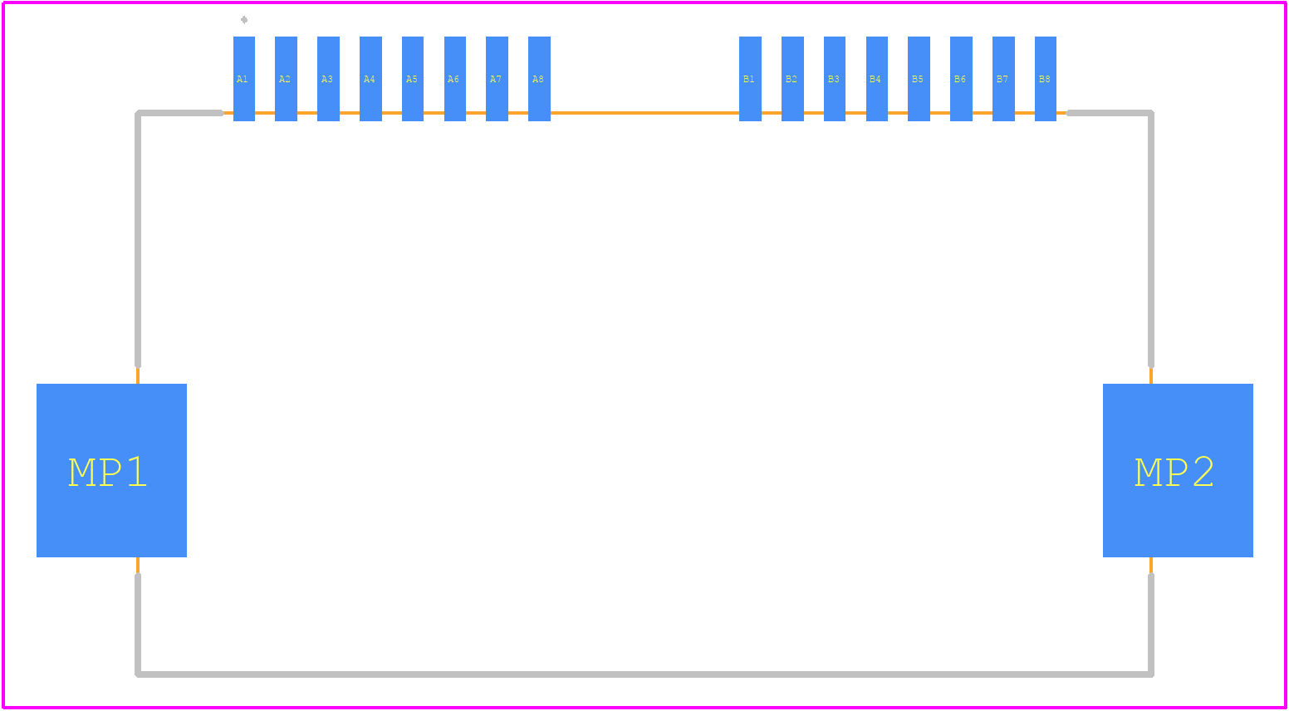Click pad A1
click(x=244, y=79)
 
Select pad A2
click(x=286, y=79)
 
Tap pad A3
click(x=329, y=79)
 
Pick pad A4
click(x=370, y=79)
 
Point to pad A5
click(x=413, y=79)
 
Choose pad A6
click(x=455, y=79)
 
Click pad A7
click(x=497, y=79)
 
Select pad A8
click(x=539, y=79)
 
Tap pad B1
click(x=750, y=79)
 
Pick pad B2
click(x=792, y=79)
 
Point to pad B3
click(x=835, y=79)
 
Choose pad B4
click(x=877, y=79)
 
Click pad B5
click(x=919, y=79)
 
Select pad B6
click(x=962, y=79)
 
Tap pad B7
click(x=1003, y=79)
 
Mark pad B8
click(x=1046, y=79)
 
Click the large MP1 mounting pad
click(x=111, y=470)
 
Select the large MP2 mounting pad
click(x=1178, y=470)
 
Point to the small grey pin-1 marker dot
click(x=244, y=20)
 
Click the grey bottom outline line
click(x=644, y=674)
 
